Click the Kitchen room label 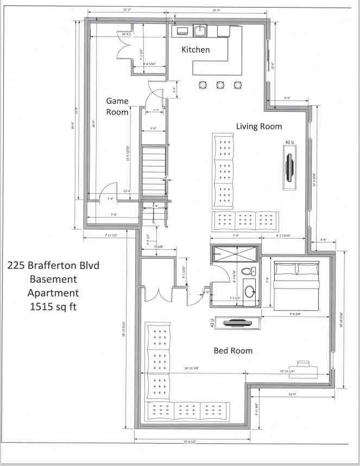pyautogui.click(x=195, y=50)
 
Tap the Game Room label pyautogui.click(x=117, y=106)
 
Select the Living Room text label pyautogui.click(x=259, y=126)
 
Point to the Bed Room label pyautogui.click(x=233, y=350)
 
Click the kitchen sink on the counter pyautogui.click(x=200, y=30)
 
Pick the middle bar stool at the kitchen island pyautogui.click(x=220, y=85)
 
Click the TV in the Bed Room pyautogui.click(x=237, y=322)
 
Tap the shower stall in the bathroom pyautogui.click(x=234, y=254)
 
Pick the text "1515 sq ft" pyautogui.click(x=53, y=307)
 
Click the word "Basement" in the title pyautogui.click(x=53, y=279)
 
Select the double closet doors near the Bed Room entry pyautogui.click(x=158, y=293)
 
